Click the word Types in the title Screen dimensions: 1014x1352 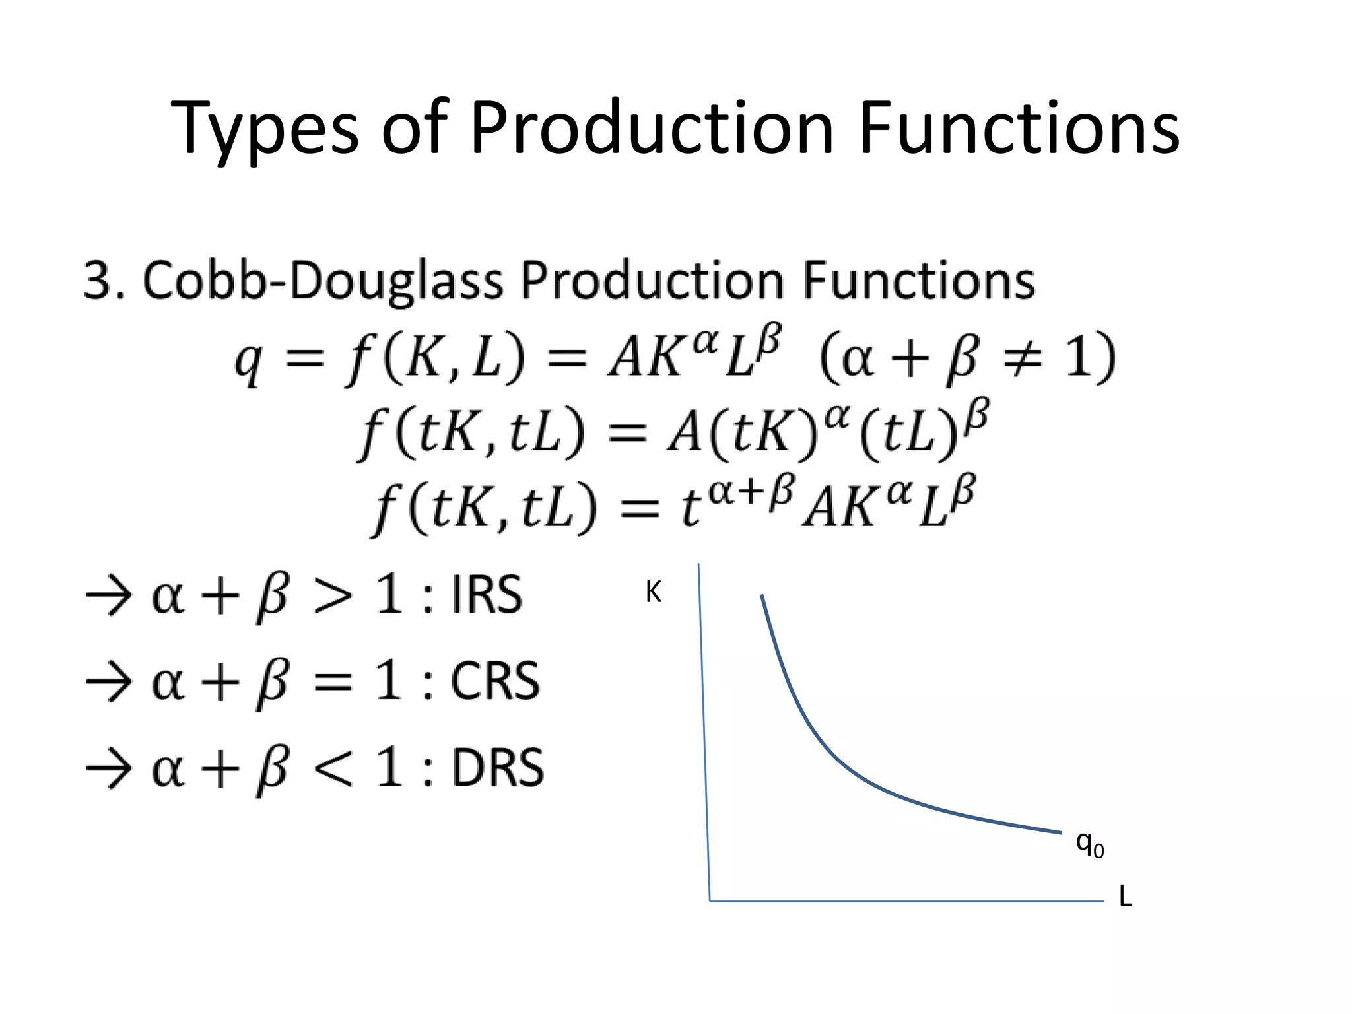click(x=264, y=129)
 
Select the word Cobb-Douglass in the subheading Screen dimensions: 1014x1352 click(x=323, y=281)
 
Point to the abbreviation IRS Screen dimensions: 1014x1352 click(x=487, y=595)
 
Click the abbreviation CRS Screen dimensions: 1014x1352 click(x=494, y=681)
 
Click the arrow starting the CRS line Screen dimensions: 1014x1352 click(x=109, y=683)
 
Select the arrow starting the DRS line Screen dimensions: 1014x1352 click(x=109, y=769)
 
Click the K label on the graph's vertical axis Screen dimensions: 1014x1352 click(x=653, y=592)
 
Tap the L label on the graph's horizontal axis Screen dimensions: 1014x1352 click(x=1125, y=896)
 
